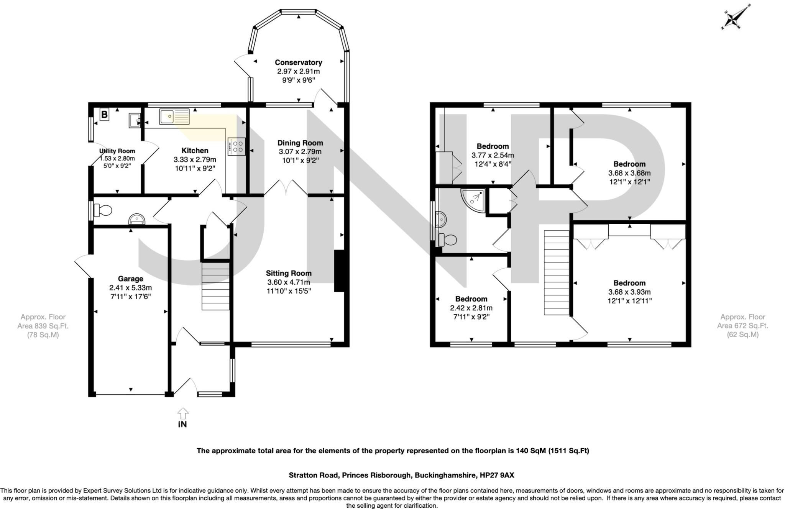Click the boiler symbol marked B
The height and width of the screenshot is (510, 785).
(x=104, y=114)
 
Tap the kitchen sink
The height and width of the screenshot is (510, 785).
(x=175, y=116)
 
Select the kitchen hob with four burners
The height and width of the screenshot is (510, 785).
(x=236, y=147)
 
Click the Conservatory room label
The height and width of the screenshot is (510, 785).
(x=298, y=62)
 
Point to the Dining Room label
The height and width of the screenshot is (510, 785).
(x=300, y=143)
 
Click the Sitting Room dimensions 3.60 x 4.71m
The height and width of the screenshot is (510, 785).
(x=289, y=282)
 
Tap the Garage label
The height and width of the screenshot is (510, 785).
(x=130, y=279)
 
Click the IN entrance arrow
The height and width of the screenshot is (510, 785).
(x=183, y=414)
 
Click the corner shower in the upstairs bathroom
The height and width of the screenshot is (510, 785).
(x=473, y=200)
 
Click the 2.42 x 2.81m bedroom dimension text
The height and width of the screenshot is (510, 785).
(x=471, y=308)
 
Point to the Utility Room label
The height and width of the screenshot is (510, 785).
(x=117, y=151)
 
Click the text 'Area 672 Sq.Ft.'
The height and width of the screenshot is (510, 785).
(x=742, y=326)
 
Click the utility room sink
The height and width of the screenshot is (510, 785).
(x=135, y=120)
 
